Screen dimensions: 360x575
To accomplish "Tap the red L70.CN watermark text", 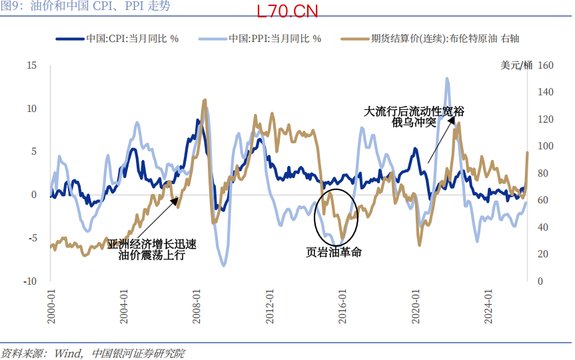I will (x=287, y=12).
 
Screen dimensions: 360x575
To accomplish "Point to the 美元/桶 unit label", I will (x=516, y=65).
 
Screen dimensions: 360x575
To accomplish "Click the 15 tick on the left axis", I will (x=31, y=65).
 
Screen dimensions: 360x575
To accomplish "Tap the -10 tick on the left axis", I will (x=30, y=281).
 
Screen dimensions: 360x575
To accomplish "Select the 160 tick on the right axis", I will (x=545, y=65).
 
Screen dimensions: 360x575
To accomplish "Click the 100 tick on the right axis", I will (x=545, y=146).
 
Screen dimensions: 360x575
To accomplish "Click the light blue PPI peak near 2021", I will (x=447, y=79).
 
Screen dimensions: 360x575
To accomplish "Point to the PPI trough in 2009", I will (x=223, y=265).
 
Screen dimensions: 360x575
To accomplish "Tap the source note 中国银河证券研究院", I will (x=138, y=353).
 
